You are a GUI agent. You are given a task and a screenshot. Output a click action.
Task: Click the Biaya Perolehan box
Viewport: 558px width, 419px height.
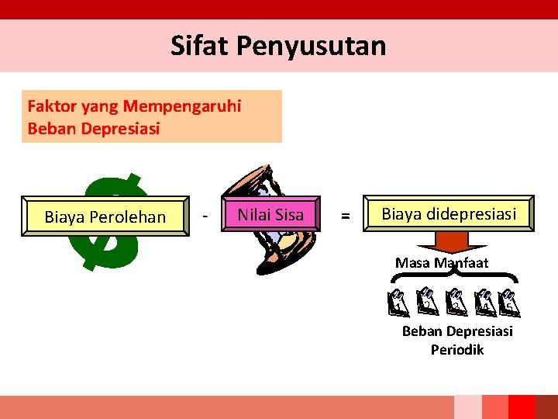pyautogui.click(x=105, y=216)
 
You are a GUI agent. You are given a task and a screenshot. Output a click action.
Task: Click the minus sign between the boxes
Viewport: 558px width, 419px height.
pyautogui.click(x=204, y=216)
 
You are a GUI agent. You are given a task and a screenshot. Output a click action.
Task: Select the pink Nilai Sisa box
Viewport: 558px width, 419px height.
pyautogui.click(x=270, y=215)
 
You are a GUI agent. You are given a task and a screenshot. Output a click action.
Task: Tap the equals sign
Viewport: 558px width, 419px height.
pyautogui.click(x=346, y=218)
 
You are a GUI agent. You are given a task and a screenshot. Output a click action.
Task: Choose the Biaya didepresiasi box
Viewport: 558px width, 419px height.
pyautogui.click(x=449, y=213)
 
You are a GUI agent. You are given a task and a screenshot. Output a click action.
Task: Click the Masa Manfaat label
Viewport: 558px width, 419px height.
pyautogui.click(x=442, y=262)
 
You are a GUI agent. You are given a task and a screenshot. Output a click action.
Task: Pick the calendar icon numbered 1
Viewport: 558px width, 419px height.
pyautogui.click(x=398, y=303)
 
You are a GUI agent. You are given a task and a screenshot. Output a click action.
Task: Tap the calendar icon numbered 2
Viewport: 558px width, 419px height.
pyautogui.click(x=427, y=303)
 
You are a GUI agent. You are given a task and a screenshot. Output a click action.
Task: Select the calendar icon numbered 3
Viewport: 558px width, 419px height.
pyautogui.click(x=456, y=303)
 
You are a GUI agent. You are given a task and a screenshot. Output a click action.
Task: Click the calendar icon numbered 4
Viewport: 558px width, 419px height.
pyautogui.click(x=485, y=303)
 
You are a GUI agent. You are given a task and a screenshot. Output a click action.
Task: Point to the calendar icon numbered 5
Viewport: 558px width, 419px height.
pyautogui.click(x=509, y=303)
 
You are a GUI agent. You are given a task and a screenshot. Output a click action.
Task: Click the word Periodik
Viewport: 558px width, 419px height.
pyautogui.click(x=457, y=350)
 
